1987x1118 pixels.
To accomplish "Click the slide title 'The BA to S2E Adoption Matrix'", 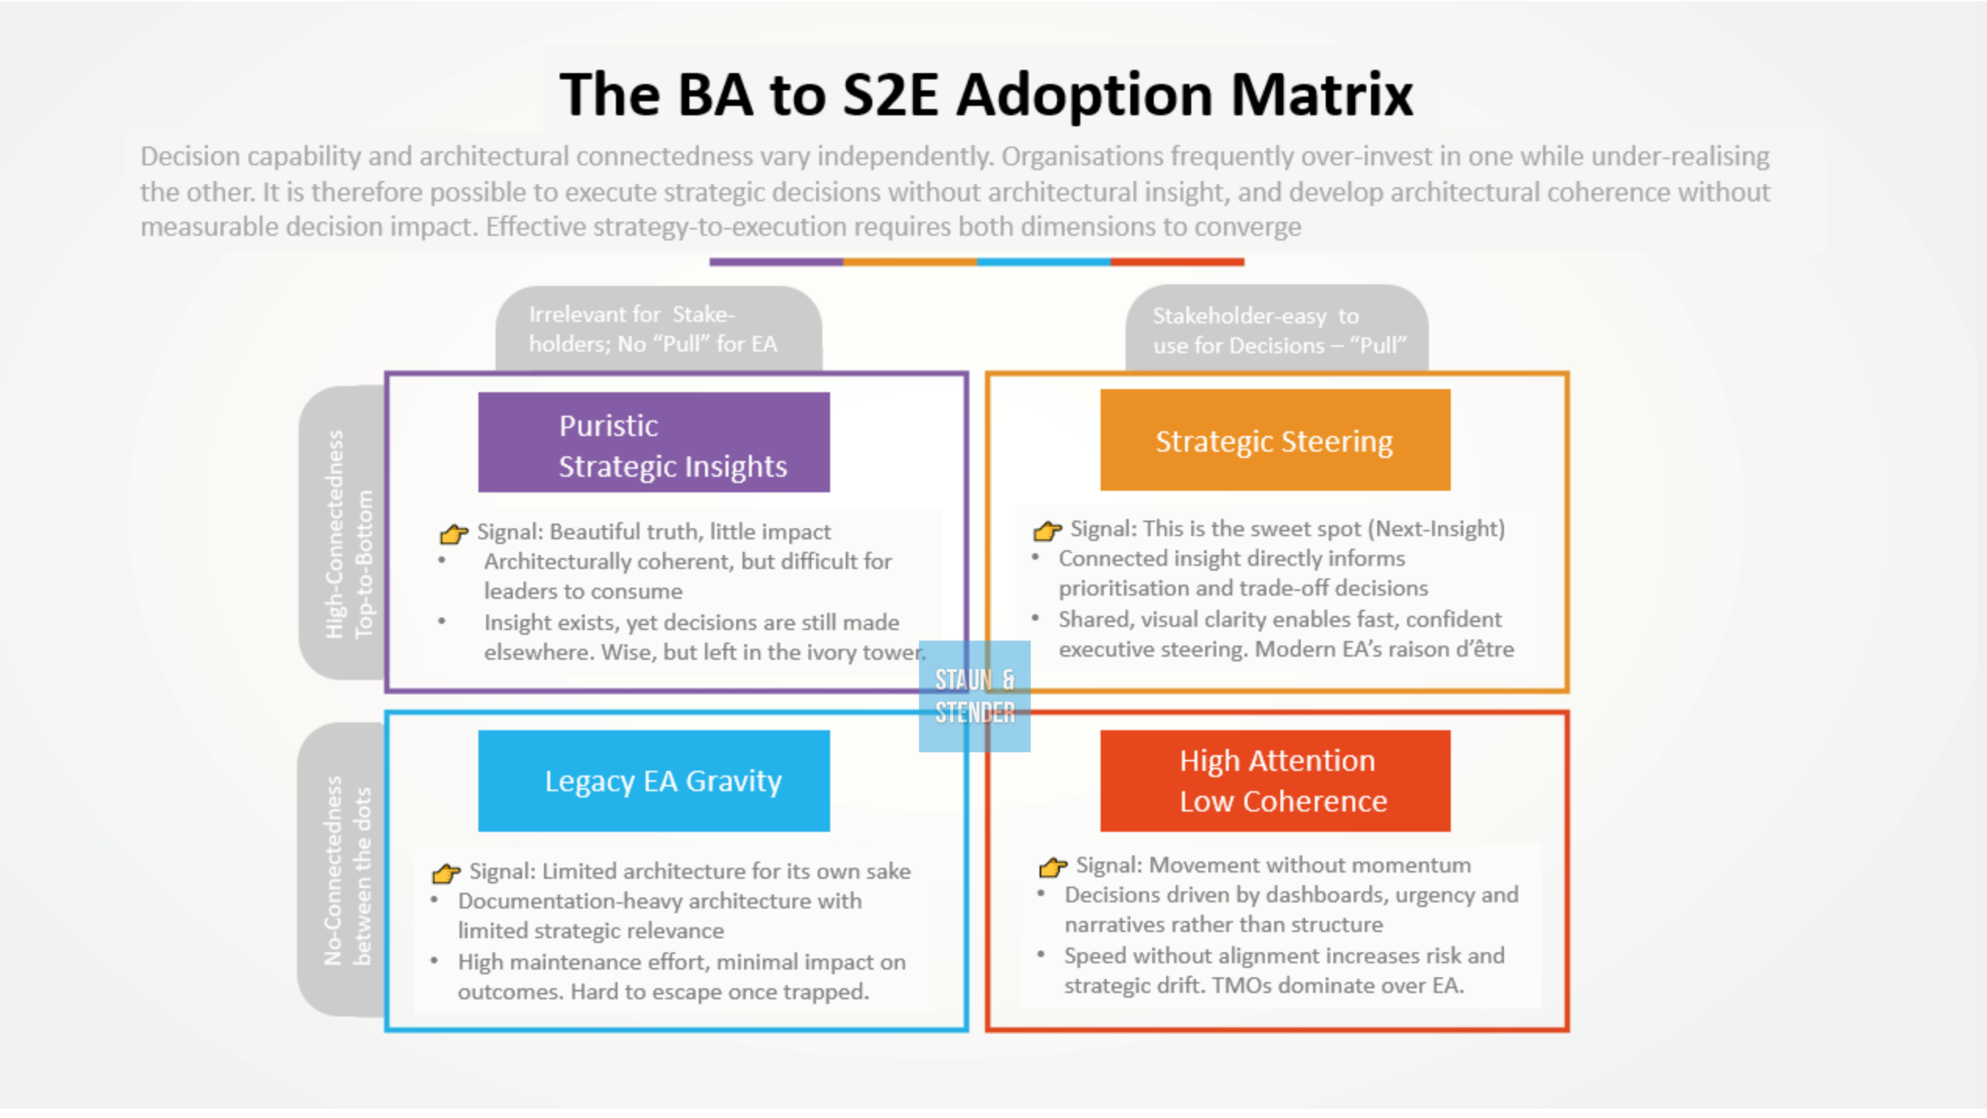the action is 986,95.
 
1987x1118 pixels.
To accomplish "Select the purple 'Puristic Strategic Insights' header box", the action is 654,443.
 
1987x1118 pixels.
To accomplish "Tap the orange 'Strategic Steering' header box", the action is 1275,440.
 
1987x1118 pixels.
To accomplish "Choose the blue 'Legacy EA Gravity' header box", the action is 654,781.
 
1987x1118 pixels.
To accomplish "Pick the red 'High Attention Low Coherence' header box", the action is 1275,781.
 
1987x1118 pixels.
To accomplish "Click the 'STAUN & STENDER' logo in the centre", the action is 975,696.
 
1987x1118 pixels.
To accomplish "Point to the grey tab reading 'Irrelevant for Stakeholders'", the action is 659,328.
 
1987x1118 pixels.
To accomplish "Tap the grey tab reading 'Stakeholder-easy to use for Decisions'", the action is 1277,328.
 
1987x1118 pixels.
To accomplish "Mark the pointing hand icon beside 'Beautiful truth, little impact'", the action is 454,533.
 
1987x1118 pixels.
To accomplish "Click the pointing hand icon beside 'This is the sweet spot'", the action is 1047,530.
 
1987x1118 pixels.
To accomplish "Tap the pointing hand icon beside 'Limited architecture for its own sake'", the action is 446,873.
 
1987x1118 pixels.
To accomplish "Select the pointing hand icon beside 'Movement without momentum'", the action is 1053,866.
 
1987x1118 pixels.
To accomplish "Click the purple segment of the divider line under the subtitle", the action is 776,262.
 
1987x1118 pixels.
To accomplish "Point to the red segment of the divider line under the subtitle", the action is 1177,262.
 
